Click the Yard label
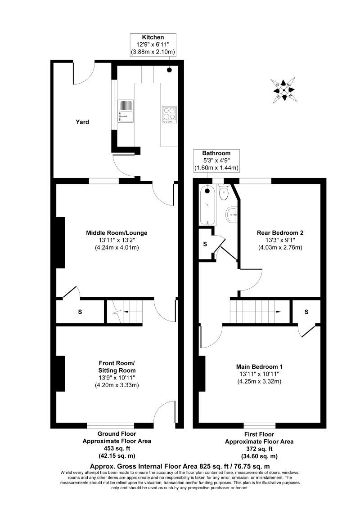(82, 122)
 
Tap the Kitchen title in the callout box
(153, 37)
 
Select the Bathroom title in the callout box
(216, 153)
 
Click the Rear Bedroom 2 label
(280, 233)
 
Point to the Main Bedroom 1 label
(259, 367)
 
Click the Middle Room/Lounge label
(117, 233)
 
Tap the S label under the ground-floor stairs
(80, 312)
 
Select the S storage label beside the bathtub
(205, 244)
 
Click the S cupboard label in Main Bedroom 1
(306, 312)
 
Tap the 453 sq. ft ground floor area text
(117, 448)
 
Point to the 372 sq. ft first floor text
(259, 449)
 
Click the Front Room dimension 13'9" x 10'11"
(117, 378)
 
